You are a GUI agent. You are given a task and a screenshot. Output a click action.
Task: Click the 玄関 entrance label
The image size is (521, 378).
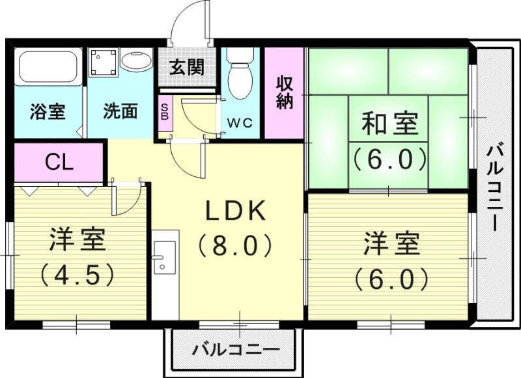(x=187, y=67)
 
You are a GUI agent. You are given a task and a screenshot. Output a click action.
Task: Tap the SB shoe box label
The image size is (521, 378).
(x=164, y=113)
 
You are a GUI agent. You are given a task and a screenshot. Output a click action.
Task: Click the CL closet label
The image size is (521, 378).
(x=59, y=162)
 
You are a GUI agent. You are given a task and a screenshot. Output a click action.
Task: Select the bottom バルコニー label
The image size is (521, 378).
(x=235, y=350)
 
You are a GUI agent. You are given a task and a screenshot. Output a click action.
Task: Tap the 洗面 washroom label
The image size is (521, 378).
(x=120, y=111)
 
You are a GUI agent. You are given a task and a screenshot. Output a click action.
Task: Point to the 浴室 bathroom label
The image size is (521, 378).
(x=47, y=111)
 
